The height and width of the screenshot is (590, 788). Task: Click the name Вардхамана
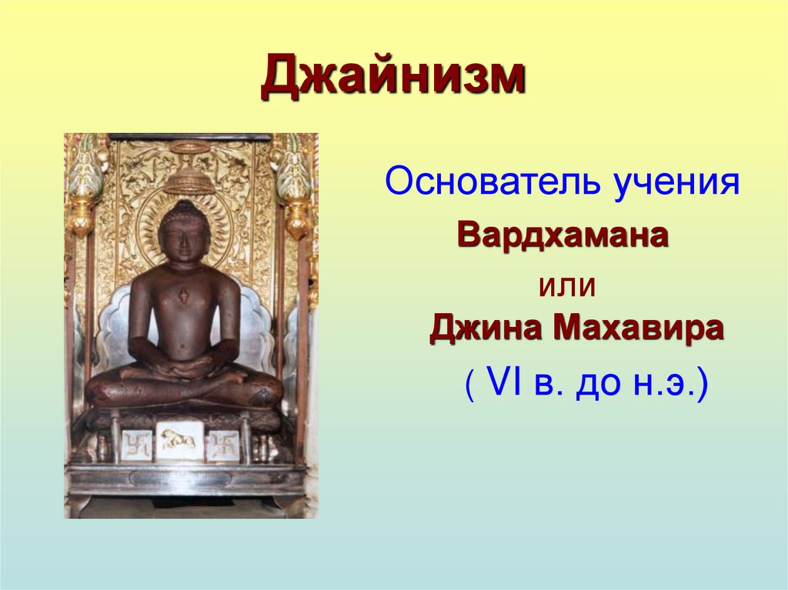(x=563, y=234)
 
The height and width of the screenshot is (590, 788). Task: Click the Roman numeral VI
(x=506, y=382)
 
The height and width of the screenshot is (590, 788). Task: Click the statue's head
(x=183, y=231)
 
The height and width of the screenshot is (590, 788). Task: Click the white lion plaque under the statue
(x=179, y=439)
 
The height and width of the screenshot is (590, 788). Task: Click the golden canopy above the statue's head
(x=189, y=178)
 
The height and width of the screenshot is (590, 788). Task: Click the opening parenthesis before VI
(x=469, y=384)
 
